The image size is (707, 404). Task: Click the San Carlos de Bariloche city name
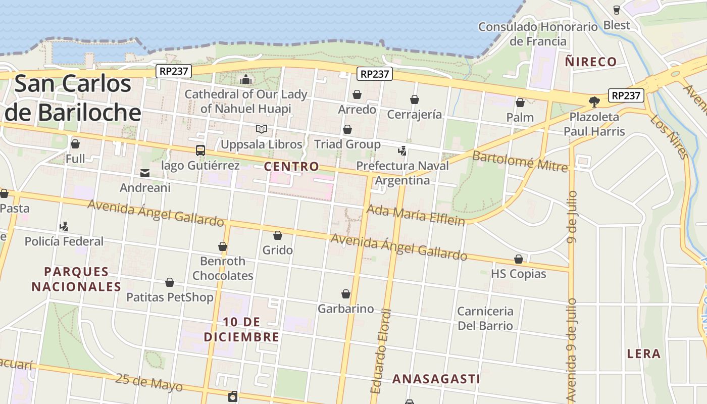pos(73,98)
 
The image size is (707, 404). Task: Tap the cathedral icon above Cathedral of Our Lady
pos(246,79)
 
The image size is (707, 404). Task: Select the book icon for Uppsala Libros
pos(261,129)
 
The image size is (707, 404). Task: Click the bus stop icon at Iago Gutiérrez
pos(200,150)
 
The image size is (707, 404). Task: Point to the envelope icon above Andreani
pos(145,173)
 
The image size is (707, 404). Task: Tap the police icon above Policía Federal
pos(64,227)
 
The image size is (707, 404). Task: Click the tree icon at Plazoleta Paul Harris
pos(594,102)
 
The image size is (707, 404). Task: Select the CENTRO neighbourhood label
pos(291,166)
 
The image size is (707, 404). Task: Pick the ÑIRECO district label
pos(591,62)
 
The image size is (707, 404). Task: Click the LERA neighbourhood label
pos(643,353)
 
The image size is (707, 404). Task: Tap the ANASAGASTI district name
pos(436,379)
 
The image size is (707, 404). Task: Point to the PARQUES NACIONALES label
pos(76,279)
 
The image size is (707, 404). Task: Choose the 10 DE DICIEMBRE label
pos(242,329)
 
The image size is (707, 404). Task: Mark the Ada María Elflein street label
pos(416,215)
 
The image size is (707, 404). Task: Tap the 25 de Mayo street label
pos(148,382)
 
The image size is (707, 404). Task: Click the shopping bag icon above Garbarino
pos(346,294)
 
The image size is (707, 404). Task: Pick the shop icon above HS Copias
pos(519,259)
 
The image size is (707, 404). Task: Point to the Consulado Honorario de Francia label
pos(538,34)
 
